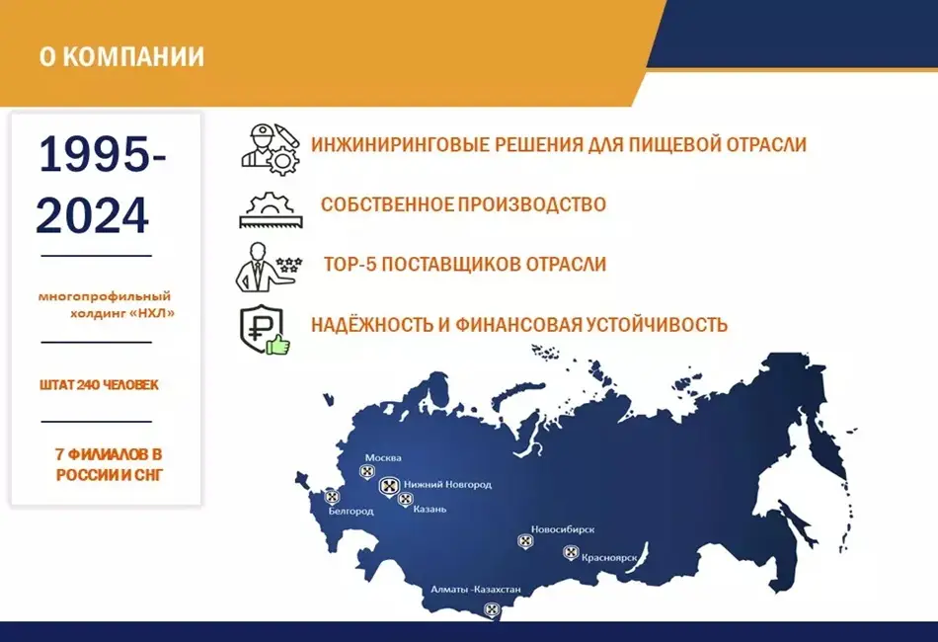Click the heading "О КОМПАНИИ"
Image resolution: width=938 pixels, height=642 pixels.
pos(122,56)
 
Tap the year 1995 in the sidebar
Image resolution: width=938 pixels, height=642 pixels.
pos(95,155)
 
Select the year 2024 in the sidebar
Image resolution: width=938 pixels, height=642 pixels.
pos(92,214)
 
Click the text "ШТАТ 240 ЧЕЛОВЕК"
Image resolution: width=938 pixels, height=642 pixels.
pos(100,385)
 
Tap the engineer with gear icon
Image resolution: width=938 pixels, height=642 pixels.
pos(270,149)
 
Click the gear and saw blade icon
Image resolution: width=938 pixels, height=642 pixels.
pos(271,209)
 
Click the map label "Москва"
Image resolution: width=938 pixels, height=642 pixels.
pos(383,457)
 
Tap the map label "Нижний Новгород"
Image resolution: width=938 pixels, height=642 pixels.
pos(447,484)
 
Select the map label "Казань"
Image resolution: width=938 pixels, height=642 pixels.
pos(430,510)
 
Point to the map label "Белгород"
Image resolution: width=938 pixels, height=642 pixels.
pos(352,511)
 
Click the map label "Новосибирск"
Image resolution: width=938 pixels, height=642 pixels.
pos(563,529)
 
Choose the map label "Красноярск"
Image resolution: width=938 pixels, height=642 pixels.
pos(609,558)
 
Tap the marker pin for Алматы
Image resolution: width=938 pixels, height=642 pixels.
pos(492,610)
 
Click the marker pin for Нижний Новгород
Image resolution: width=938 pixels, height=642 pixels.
pos(389,486)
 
